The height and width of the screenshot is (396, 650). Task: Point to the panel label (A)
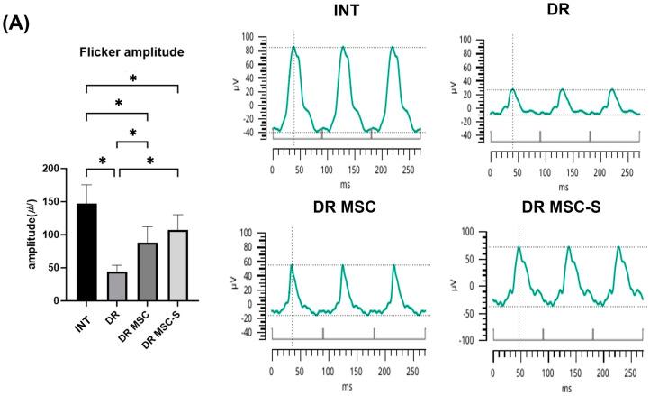(20, 25)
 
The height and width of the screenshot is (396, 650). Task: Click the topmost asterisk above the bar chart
(132, 79)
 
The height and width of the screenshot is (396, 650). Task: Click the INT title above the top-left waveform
(348, 12)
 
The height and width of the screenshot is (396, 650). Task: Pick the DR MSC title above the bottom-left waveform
(348, 207)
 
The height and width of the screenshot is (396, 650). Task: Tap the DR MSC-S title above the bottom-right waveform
(565, 207)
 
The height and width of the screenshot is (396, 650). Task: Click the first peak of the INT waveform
(293, 47)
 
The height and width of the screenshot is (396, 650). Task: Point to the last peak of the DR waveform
(612, 89)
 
